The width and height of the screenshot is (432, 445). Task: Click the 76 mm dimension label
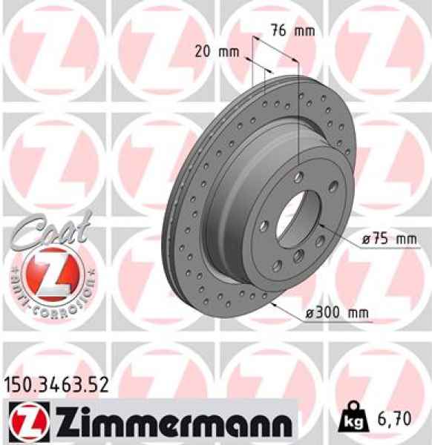291,31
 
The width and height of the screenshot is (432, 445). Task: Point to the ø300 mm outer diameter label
337,314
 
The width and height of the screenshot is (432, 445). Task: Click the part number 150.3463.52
56,384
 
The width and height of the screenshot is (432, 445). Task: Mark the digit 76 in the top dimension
278,31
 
